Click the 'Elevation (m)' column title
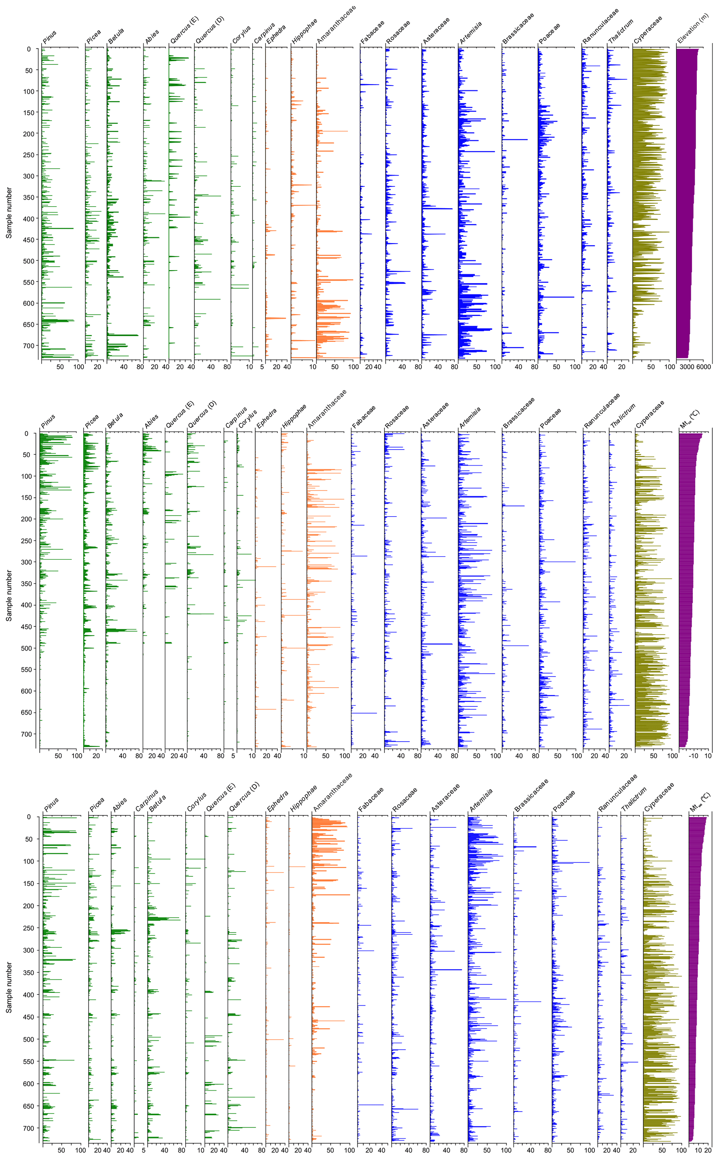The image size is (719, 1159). [693, 28]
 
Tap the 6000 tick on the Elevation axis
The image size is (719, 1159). [703, 366]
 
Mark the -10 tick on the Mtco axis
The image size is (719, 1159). [693, 755]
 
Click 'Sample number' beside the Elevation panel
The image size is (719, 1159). [9, 212]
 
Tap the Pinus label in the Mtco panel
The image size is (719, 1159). [48, 421]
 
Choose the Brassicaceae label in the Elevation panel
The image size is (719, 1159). [518, 29]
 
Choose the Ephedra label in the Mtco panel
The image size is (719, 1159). [266, 418]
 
